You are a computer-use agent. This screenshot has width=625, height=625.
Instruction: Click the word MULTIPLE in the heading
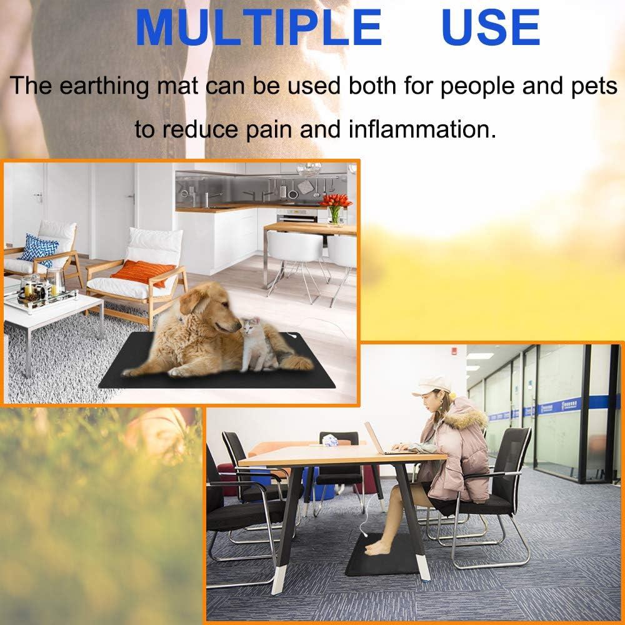(258, 27)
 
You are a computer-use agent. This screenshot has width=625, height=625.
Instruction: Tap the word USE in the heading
(491, 27)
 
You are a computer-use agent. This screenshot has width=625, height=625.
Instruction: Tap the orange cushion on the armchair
(144, 272)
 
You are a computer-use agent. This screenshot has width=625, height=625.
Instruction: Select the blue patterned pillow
(39, 248)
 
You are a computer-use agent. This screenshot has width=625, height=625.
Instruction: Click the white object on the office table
(329, 441)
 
